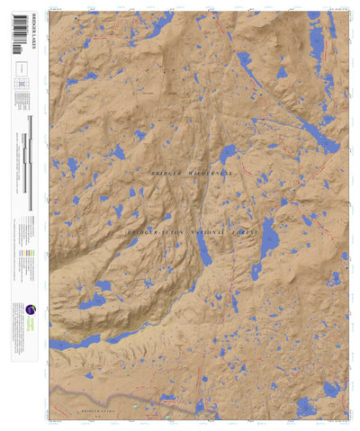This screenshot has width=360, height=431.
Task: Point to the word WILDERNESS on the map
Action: tap(208, 172)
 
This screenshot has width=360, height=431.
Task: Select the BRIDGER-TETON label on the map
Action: tap(148, 232)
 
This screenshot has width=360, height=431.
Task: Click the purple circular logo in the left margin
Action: tap(19, 307)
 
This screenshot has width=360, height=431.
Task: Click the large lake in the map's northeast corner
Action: tap(315, 40)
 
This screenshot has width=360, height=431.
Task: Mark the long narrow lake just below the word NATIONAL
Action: tap(206, 251)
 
